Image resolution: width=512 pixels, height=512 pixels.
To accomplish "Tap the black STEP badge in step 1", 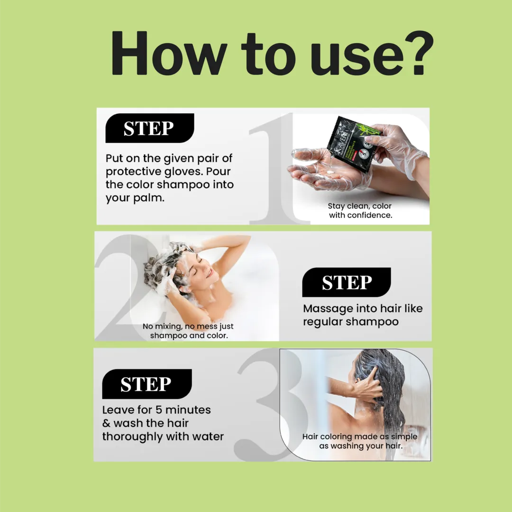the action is coord(149,128).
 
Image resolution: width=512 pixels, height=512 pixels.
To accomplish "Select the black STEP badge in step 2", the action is coord(347,282).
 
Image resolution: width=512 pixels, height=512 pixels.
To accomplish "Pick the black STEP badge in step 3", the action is coord(147,384).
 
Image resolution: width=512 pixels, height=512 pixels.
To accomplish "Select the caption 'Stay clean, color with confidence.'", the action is coord(360,210).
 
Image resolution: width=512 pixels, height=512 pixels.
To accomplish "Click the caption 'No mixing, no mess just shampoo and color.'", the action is coord(188,331).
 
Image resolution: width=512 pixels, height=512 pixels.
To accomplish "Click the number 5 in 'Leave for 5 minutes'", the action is coord(158,410).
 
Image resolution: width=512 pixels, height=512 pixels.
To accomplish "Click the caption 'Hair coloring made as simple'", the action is coord(360,437).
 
